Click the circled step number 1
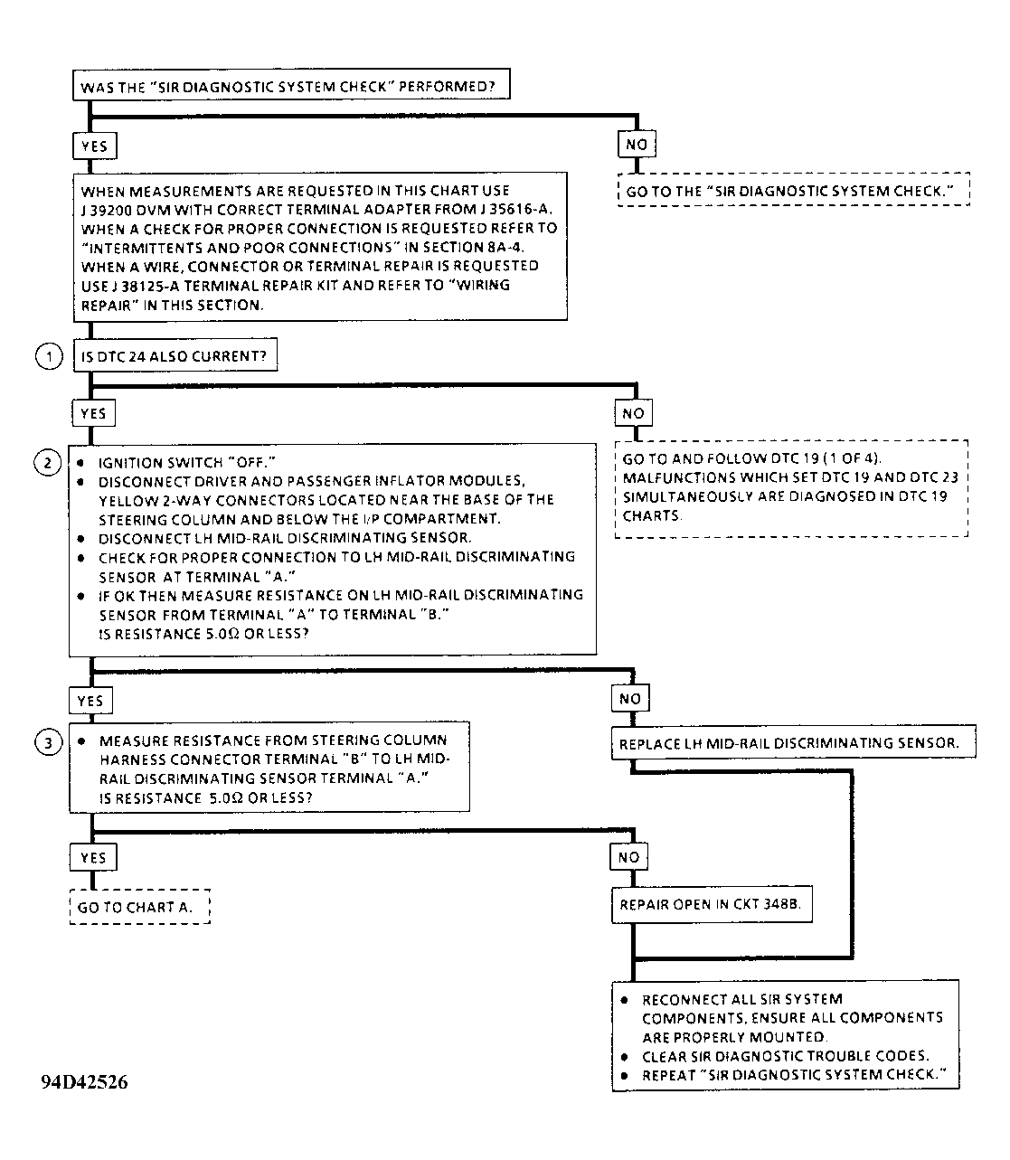point(48,356)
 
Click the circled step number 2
point(47,463)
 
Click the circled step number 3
point(47,743)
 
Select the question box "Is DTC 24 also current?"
point(175,356)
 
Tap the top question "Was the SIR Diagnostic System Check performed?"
point(289,87)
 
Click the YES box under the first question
point(94,146)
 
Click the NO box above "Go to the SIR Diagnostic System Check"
point(637,145)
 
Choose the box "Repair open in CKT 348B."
point(711,904)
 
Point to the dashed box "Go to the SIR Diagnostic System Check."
point(793,192)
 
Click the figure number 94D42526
point(84,1083)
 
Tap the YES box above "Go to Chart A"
point(93,857)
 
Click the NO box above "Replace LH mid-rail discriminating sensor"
point(630,699)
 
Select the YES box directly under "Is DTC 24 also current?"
point(93,413)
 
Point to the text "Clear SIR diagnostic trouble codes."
point(785,1056)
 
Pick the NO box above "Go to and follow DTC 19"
point(634,413)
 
